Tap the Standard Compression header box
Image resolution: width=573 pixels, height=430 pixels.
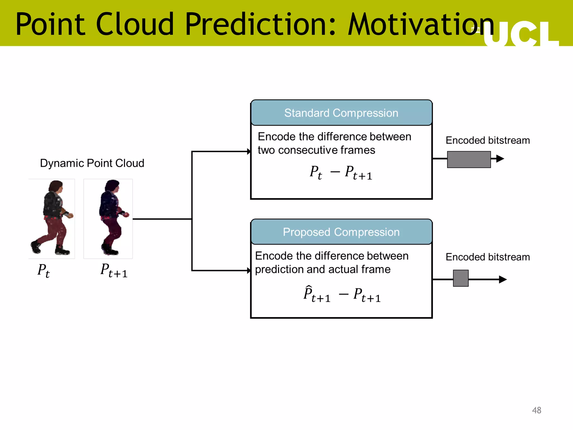click(341, 113)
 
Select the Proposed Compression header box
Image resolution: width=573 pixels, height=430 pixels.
click(341, 232)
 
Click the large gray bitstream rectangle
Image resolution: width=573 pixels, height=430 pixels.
click(469, 159)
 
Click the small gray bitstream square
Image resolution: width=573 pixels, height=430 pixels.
click(461, 278)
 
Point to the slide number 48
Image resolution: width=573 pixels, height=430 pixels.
click(536, 410)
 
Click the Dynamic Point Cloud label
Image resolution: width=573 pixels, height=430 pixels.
click(92, 163)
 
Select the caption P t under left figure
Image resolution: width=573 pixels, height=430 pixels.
click(44, 271)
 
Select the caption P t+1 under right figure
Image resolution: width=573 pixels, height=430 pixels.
click(114, 271)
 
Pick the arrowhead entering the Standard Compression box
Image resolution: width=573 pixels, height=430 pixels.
click(249, 151)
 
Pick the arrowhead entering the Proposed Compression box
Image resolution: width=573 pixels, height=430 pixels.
click(249, 270)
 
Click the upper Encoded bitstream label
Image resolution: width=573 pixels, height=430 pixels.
click(487, 140)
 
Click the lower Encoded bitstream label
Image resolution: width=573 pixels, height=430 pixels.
click(487, 257)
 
